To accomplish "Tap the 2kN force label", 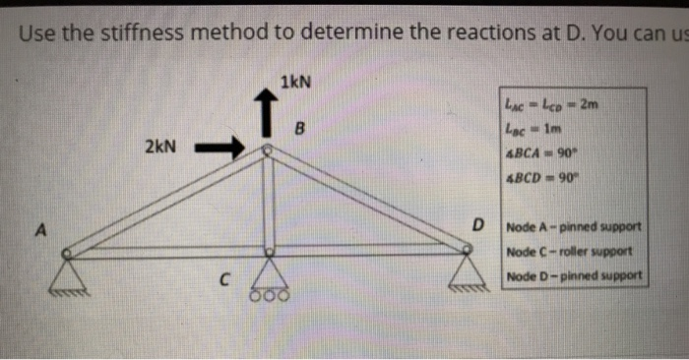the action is tap(160, 148).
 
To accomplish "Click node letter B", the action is tap(301, 129).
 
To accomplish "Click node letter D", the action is tap(478, 227).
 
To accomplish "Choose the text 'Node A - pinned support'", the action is tap(574, 229).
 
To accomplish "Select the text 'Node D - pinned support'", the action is tap(574, 274).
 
